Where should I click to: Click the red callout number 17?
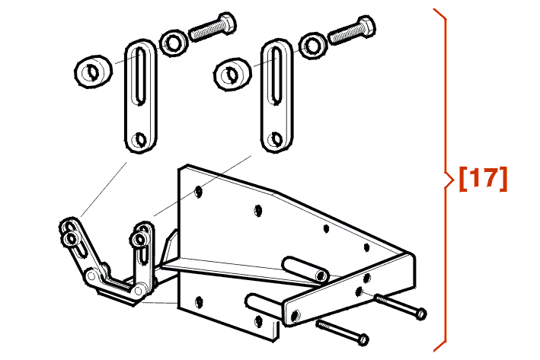coord(483,179)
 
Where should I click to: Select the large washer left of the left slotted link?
coord(94,72)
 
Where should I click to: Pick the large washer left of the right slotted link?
coord(232,75)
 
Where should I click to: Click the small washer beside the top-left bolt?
coord(174,43)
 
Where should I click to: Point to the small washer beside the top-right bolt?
coord(313,46)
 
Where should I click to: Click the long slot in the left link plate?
coord(140,75)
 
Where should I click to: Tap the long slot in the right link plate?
coord(277,75)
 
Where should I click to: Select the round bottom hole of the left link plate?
coord(140,139)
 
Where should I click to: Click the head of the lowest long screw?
coord(363,340)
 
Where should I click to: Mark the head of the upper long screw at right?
coord(421,314)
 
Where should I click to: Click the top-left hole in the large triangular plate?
coord(199,191)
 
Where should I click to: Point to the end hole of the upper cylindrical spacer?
coord(321,276)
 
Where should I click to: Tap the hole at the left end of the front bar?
coord(295,315)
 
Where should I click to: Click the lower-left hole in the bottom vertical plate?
coord(199,302)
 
